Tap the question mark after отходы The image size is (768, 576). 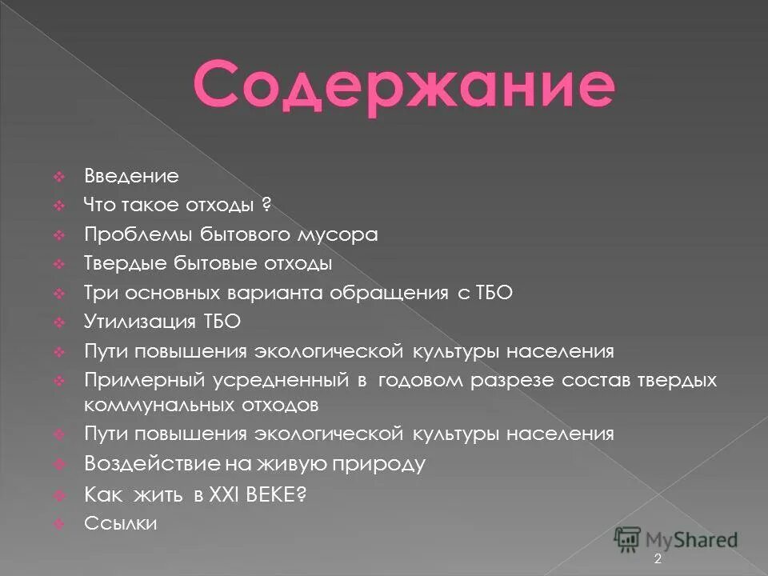pos(268,206)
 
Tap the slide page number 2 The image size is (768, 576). pos(658,559)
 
